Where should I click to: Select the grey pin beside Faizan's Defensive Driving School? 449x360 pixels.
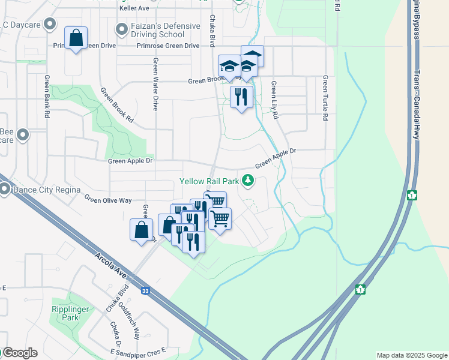click(122, 28)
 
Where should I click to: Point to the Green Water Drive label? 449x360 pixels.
click(155, 84)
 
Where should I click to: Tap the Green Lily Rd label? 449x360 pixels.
click(274, 100)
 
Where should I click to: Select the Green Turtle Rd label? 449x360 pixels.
click(325, 98)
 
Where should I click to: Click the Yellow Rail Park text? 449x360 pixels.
click(209, 181)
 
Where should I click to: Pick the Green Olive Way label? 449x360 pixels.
click(107, 199)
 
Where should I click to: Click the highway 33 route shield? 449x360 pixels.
click(145, 291)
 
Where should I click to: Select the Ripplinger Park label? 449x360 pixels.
click(70, 313)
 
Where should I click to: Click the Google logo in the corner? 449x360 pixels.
click(19, 353)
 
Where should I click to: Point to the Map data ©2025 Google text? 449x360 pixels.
click(412, 355)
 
